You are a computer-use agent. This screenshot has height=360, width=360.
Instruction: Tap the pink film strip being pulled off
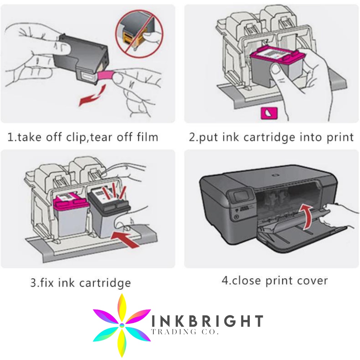pyautogui.click(x=107, y=75)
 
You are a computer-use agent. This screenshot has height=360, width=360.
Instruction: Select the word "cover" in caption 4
pyautogui.click(x=311, y=280)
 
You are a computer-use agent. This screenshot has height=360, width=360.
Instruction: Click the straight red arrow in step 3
pyautogui.click(x=128, y=238)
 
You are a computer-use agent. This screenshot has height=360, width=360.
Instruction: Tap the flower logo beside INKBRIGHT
pyautogui.click(x=122, y=325)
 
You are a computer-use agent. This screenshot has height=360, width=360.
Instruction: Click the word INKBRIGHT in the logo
pyautogui.click(x=207, y=321)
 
